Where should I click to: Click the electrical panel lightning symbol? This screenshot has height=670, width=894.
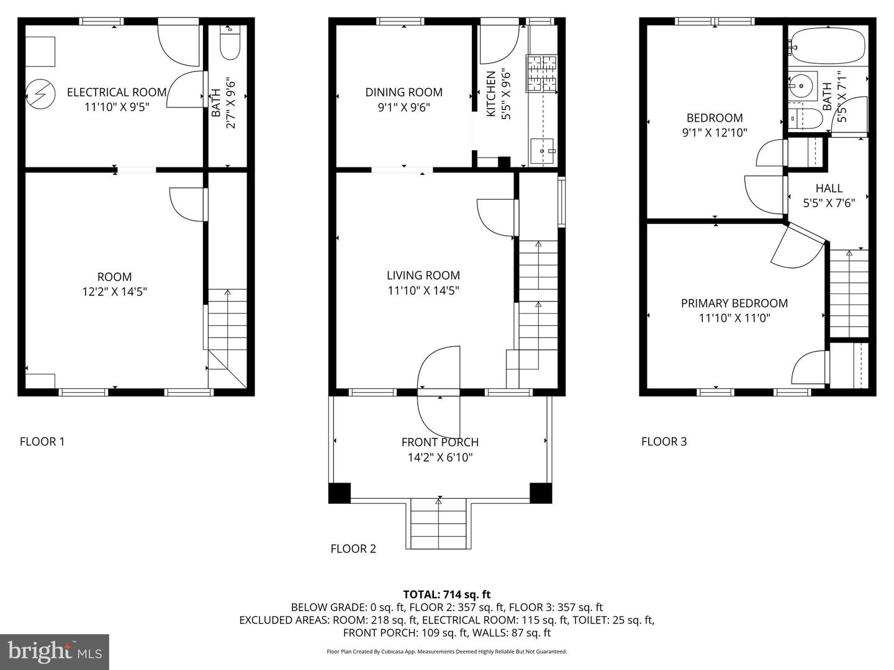click(36, 95)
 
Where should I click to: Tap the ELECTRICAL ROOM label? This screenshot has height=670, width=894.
click(117, 92)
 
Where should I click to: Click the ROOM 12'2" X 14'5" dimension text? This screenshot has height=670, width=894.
click(114, 292)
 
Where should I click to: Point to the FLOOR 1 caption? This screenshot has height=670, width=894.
click(42, 442)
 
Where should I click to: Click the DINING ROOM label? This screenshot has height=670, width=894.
click(404, 92)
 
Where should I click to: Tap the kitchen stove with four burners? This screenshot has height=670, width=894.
click(542, 73)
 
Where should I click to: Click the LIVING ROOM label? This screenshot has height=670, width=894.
click(423, 275)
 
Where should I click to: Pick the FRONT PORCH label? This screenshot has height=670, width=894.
click(440, 442)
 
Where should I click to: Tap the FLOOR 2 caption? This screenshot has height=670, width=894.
click(353, 548)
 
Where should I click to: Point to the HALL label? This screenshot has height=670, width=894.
click(829, 188)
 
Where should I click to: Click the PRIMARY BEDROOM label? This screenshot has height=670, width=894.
click(734, 303)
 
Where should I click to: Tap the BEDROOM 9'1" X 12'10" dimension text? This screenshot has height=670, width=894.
click(715, 132)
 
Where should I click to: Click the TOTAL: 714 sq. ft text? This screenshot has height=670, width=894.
click(446, 594)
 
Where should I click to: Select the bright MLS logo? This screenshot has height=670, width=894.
click(55, 651)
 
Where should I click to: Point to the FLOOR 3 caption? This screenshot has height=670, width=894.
click(664, 442)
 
